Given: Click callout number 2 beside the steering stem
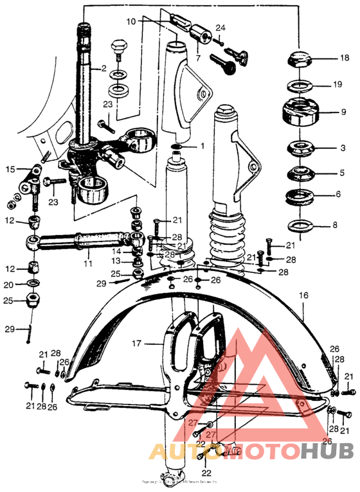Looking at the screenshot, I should pyautogui.click(x=102, y=67).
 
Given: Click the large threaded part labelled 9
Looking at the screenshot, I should pyautogui.click(x=301, y=114).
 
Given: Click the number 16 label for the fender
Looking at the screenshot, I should pyautogui.click(x=303, y=295).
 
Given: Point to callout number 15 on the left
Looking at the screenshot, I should pyautogui.click(x=10, y=170).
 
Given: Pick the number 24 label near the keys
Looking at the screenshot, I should pyautogui.click(x=221, y=28).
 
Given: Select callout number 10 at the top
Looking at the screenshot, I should pyautogui.click(x=131, y=21).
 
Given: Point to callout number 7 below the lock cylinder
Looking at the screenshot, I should pyautogui.click(x=198, y=58).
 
